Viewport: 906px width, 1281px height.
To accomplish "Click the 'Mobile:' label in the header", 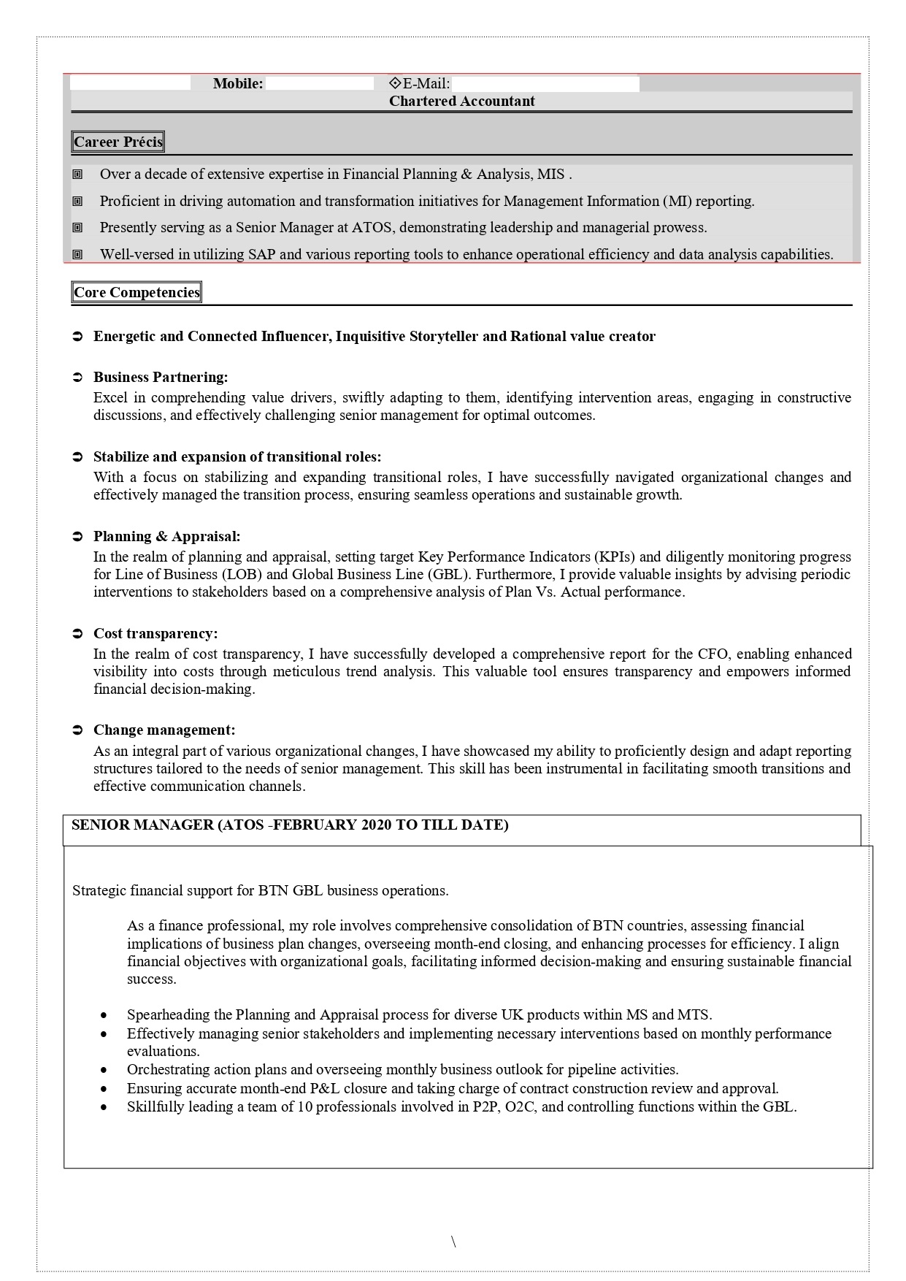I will tap(238, 84).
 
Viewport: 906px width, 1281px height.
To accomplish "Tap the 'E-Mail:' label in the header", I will tap(426, 84).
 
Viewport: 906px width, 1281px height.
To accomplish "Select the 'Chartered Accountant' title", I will tap(461, 102).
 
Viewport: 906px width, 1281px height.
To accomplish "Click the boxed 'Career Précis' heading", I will tap(118, 142).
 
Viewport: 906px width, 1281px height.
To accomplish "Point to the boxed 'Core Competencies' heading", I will tap(137, 293).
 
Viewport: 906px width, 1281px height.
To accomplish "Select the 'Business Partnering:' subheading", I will tap(161, 378).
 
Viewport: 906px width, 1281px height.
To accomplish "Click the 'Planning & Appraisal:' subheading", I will tap(166, 537).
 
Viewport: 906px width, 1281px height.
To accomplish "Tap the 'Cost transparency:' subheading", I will tap(156, 634).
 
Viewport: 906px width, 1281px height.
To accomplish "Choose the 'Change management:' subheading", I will tap(164, 730).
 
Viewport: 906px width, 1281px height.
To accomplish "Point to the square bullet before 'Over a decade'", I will tap(77, 175).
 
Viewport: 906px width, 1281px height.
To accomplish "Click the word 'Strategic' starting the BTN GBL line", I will tap(99, 891).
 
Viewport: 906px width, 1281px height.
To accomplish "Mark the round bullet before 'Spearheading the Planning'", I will tap(106, 1015).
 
